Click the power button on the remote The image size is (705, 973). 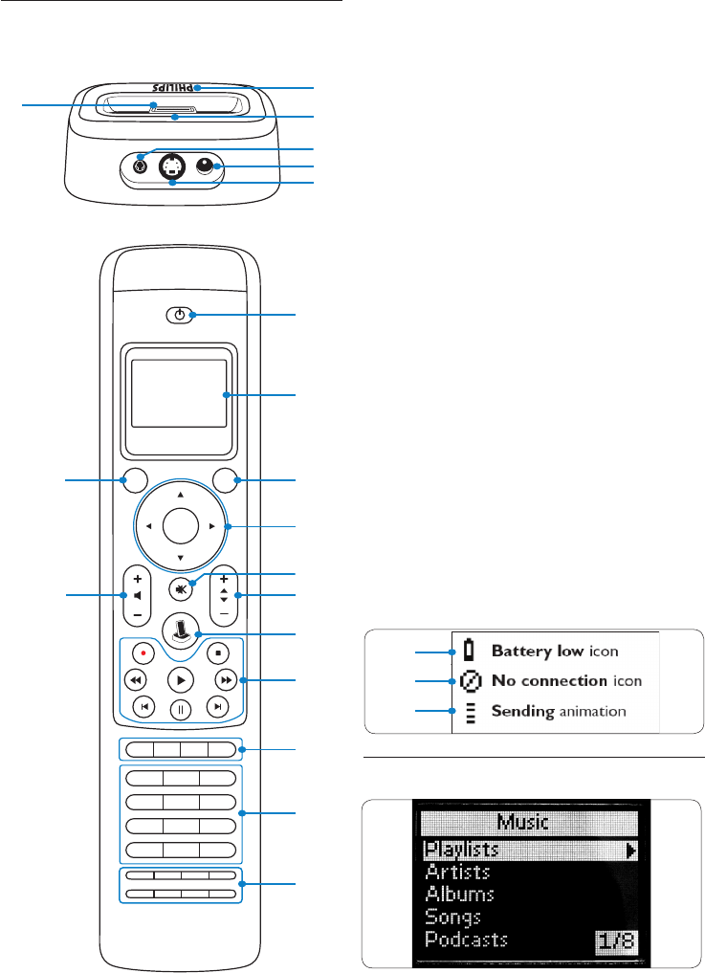[x=179, y=315]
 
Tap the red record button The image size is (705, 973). [x=143, y=652]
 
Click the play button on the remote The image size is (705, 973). [x=181, y=681]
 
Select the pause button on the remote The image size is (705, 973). [x=181, y=710]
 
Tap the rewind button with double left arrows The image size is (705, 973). [x=135, y=680]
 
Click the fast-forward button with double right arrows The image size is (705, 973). [x=227, y=680]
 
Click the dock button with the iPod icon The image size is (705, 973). [x=181, y=630]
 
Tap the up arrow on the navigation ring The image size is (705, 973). [x=181, y=496]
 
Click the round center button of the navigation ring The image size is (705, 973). [x=181, y=526]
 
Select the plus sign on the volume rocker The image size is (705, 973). [x=138, y=579]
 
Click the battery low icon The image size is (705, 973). [x=469, y=651]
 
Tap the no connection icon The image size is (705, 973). [x=471, y=681]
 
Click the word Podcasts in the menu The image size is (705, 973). [x=466, y=939]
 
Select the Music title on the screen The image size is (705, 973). [x=523, y=822]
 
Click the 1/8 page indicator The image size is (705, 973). [x=616, y=941]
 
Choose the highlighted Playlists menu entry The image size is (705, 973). [x=529, y=850]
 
